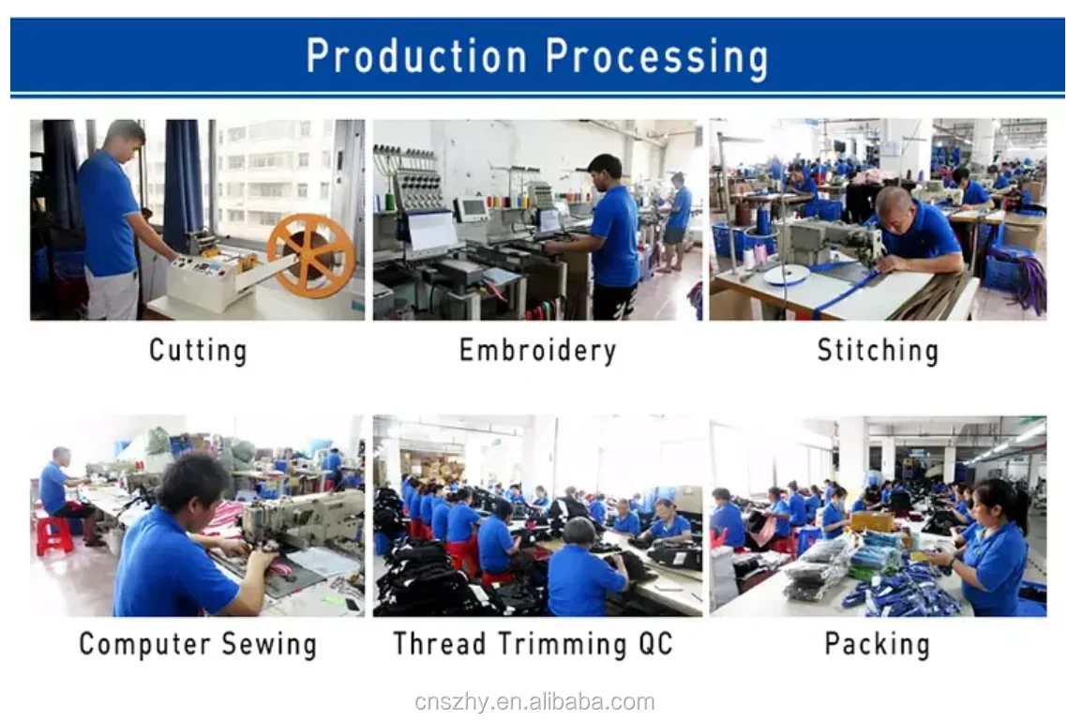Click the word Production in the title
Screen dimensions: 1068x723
pos(416,56)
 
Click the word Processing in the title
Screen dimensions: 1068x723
pos(657,58)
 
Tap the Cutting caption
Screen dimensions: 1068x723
pos(198,351)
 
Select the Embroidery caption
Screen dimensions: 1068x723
pos(537,351)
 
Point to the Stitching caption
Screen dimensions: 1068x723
pos(878,351)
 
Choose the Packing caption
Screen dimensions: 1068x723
pos(878,645)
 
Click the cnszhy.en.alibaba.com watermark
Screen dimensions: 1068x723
pos(534,701)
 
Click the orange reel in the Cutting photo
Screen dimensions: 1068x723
pos(310,256)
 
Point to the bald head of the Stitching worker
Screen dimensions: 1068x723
pos(895,204)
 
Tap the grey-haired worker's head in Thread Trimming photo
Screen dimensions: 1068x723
pos(579,533)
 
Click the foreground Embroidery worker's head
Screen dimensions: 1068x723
pos(605,172)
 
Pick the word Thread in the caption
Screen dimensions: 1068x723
pos(440,644)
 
